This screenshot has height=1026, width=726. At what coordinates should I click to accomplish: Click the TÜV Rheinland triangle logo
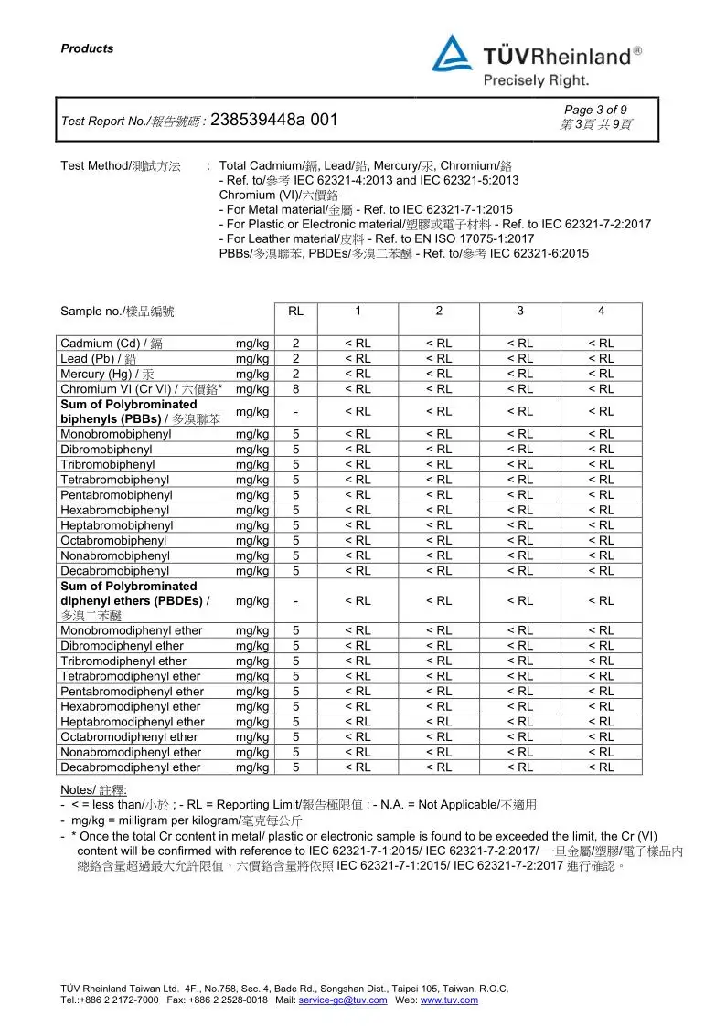point(453,54)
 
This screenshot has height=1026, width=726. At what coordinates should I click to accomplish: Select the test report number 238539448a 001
point(280,120)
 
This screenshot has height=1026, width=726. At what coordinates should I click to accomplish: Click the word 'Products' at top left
point(87,49)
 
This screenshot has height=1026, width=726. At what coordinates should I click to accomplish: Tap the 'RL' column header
point(295,312)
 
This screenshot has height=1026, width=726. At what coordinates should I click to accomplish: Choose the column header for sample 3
point(520,312)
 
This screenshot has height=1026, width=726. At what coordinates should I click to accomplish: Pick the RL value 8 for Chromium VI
point(295,389)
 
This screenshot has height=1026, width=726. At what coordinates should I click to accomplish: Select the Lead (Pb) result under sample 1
point(358,359)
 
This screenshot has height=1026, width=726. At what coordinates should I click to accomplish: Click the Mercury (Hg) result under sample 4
point(601,374)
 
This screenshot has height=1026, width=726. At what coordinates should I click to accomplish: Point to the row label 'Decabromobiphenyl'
point(114,571)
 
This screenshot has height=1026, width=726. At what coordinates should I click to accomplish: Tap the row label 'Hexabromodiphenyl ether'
point(131,707)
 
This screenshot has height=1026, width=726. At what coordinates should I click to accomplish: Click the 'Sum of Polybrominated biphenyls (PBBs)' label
point(128,411)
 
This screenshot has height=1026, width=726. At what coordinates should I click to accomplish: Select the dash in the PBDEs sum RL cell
point(295,601)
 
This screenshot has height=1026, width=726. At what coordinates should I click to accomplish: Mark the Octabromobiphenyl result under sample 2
point(439,541)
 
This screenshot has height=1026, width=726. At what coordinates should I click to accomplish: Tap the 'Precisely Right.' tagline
point(536,81)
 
